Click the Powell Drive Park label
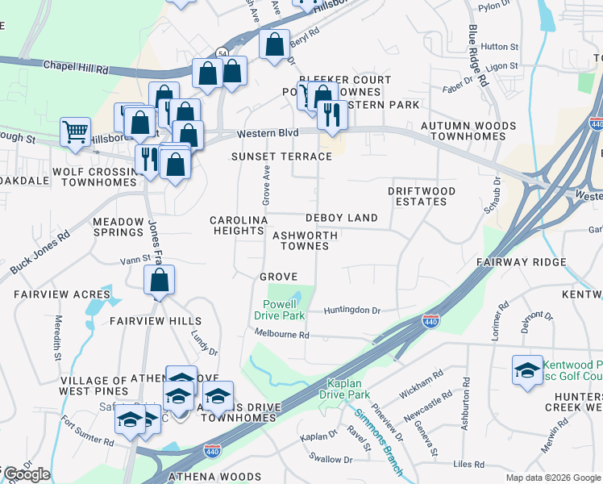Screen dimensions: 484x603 280,310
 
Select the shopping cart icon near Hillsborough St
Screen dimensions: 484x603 75,131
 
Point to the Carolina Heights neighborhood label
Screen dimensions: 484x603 238,225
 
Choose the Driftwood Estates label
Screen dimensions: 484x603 421,196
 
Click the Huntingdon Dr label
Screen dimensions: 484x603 351,310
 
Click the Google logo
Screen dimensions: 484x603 27,474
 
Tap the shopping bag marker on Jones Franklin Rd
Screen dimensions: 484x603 160,281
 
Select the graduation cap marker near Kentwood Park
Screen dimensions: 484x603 527,370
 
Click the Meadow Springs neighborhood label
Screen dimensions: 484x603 118,226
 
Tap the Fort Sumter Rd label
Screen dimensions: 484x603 87,440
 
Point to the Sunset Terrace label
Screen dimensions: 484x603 281,156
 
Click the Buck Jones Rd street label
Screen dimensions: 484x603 40,253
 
